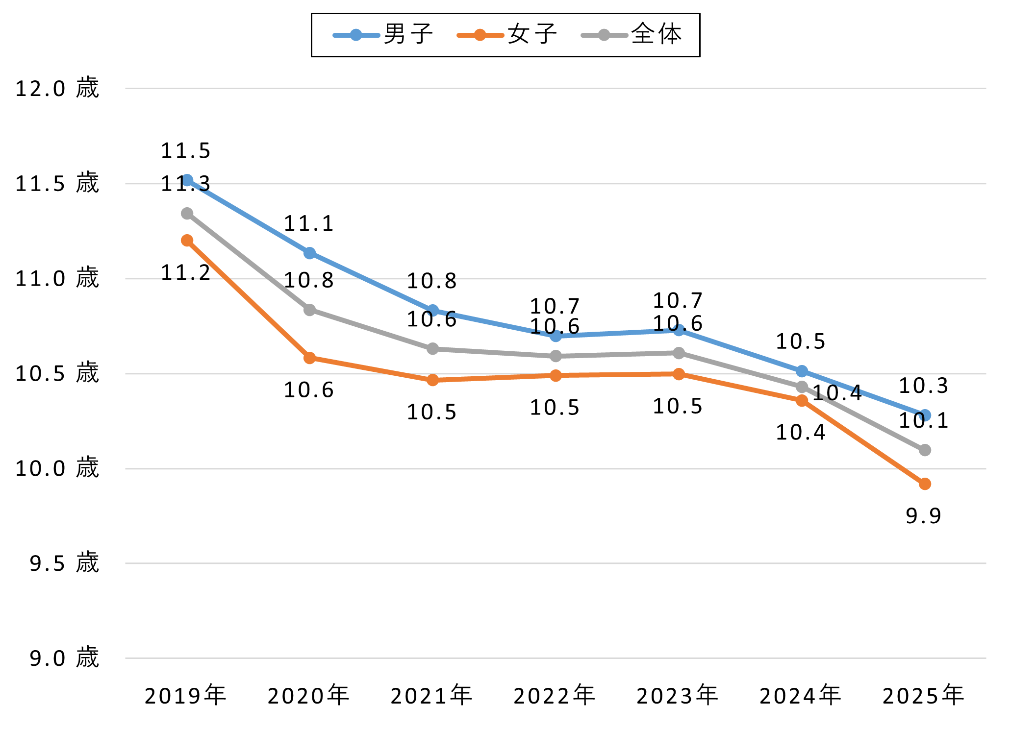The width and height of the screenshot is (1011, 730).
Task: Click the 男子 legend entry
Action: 383,35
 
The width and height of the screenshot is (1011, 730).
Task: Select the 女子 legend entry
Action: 507,35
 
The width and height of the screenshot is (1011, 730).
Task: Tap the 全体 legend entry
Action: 632,35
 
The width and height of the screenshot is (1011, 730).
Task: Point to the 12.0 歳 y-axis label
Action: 57,89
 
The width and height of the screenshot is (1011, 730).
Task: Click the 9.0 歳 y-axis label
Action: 64,658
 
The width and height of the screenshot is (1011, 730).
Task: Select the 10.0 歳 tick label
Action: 57,468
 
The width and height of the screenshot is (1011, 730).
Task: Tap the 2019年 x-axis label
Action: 185,696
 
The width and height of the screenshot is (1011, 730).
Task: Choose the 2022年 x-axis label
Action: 555,696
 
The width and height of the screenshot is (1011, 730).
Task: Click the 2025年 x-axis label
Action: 924,696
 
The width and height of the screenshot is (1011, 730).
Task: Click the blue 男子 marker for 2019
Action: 187,180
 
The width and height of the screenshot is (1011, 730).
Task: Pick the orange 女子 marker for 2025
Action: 925,484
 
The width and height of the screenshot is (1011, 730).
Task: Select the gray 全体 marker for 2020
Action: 309,310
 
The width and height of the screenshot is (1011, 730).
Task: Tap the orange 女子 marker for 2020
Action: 309,358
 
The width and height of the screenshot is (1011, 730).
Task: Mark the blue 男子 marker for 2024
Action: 802,371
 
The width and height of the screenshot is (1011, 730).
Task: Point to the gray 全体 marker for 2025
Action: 925,450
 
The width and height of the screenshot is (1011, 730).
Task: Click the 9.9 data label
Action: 924,516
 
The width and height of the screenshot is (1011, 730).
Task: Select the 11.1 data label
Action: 309,224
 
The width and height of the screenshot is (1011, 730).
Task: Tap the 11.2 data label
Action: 186,273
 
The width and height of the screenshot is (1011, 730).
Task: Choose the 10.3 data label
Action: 924,386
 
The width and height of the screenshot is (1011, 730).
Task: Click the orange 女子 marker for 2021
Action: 432,380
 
